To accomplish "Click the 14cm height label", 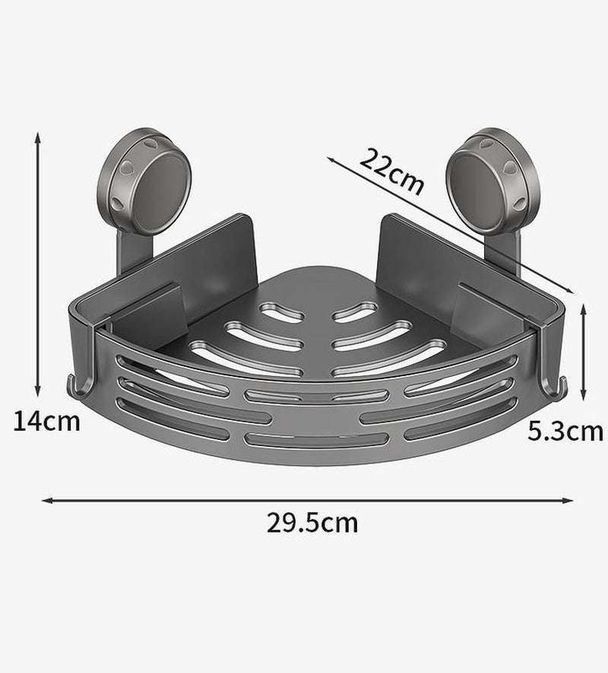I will pyautogui.click(x=46, y=420).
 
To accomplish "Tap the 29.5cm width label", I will pyautogui.click(x=312, y=523).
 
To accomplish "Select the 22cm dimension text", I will pyautogui.click(x=391, y=172).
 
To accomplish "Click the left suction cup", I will pyautogui.click(x=149, y=175).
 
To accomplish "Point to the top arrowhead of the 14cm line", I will pyautogui.click(x=38, y=136).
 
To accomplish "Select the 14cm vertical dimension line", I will pyautogui.click(x=38, y=266).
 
